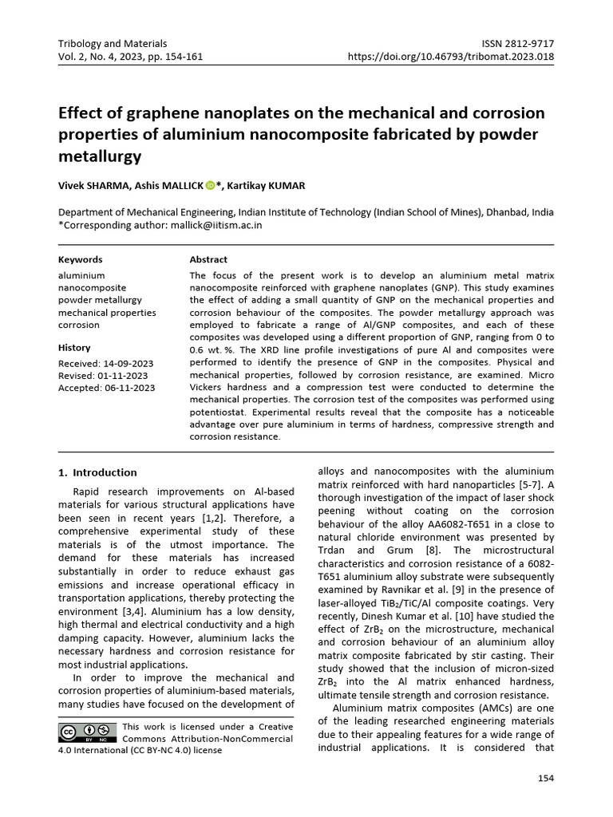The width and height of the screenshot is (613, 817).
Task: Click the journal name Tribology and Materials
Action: point(113,43)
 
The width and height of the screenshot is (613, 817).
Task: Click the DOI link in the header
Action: point(451,57)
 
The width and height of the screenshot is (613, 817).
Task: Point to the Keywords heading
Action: point(81,259)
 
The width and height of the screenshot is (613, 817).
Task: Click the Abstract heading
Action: point(208,259)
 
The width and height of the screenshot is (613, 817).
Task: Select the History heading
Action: point(75,348)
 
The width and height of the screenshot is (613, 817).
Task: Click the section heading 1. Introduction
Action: point(98,472)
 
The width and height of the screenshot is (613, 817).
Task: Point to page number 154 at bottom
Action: point(545,779)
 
